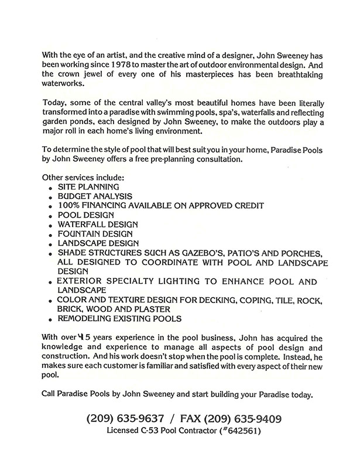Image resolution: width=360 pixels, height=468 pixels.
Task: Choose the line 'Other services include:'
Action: point(83,177)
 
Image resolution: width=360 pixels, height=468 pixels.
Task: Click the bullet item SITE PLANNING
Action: point(89,187)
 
